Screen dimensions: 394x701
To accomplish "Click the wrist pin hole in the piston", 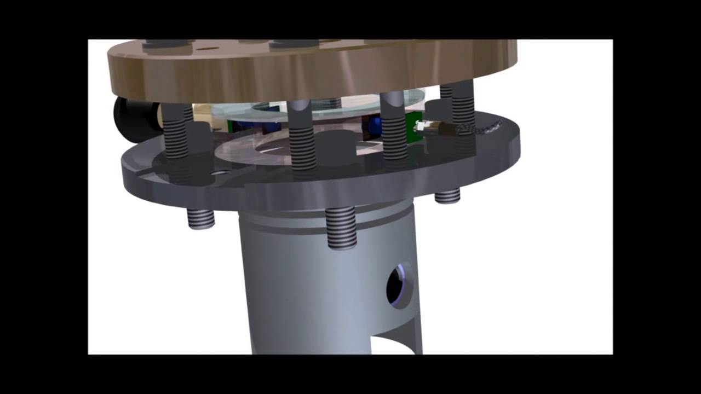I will pyautogui.click(x=399, y=283).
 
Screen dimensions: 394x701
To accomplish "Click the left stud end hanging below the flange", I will pyautogui.click(x=200, y=219).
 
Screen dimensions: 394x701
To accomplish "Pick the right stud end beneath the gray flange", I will pyautogui.click(x=447, y=195).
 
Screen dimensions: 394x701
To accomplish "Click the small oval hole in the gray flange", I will pyautogui.click(x=220, y=172).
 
